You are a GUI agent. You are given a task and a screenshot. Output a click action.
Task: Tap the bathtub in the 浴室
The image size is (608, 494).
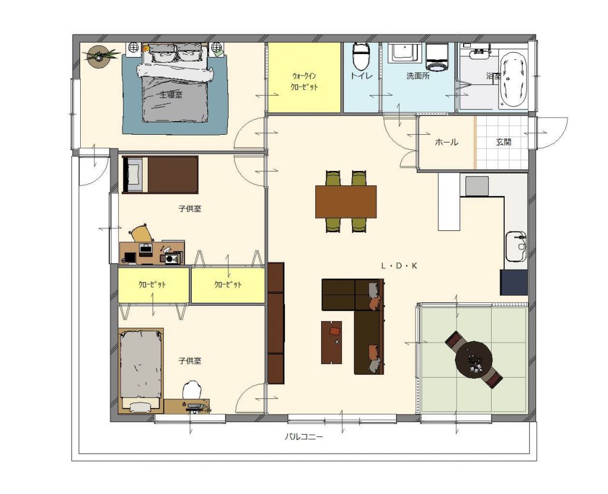pos(513,80)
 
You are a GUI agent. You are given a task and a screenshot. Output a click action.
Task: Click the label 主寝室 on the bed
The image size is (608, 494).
pos(171,94)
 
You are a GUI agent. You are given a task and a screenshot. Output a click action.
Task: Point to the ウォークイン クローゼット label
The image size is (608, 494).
pos(305,81)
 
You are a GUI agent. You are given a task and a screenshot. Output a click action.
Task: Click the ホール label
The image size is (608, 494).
pos(446,142)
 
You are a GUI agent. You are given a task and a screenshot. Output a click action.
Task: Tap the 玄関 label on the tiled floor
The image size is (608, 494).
pos(503,142)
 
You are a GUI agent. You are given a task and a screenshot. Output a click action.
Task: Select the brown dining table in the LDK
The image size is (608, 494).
pos(346,202)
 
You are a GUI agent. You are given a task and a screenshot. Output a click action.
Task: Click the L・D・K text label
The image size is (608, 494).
pos(399,266)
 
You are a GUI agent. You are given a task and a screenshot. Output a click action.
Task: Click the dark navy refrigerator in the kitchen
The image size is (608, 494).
pos(514,282)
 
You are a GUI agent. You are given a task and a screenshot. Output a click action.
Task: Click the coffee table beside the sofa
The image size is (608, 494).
pos(331,343)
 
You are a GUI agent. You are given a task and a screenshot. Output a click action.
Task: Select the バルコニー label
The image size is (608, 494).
pos(304,437)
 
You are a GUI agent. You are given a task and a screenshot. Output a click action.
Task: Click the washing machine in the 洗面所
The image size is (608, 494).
pos(438,58)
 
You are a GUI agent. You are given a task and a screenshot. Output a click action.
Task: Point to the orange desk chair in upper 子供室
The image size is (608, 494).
pos(141,234)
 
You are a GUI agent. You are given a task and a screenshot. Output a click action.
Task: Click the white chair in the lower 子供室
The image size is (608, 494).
pos(192,389)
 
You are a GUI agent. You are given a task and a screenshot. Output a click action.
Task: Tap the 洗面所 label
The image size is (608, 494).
pos(418,76)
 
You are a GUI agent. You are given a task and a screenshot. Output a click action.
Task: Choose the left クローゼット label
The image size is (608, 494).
pos(153,284)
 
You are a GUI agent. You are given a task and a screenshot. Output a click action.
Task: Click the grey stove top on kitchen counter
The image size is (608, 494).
pos(477,186)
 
